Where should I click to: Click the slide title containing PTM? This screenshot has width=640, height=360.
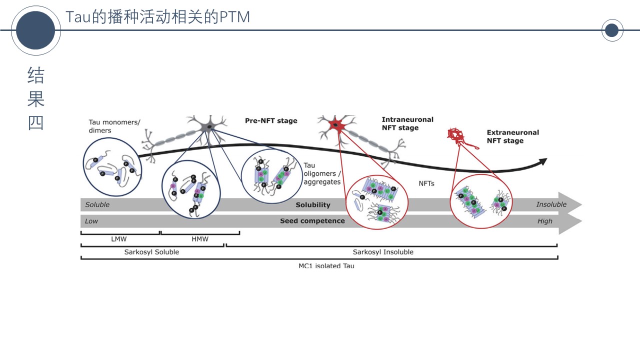click(x=157, y=17)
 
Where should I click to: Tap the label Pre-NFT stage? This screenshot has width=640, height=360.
click(x=271, y=120)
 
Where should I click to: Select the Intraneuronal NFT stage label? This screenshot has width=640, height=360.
click(x=407, y=123)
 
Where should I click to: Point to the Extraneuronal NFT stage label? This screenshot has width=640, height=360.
click(x=512, y=136)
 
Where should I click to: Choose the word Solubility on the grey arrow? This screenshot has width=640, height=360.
click(x=313, y=205)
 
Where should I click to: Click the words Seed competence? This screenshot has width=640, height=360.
click(x=312, y=220)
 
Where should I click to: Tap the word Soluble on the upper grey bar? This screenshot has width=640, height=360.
click(x=97, y=204)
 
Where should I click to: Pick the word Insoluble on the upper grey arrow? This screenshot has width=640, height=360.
click(x=551, y=204)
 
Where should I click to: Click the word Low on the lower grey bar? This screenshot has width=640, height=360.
click(x=91, y=221)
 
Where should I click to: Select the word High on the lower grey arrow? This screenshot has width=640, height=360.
click(x=545, y=221)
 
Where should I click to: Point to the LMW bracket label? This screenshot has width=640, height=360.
click(x=118, y=239)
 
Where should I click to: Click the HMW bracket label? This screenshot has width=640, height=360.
click(x=200, y=239)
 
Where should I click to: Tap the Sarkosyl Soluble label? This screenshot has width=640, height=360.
click(x=151, y=252)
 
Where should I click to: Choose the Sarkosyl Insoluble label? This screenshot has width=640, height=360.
click(x=383, y=252)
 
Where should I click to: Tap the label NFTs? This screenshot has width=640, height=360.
click(x=426, y=183)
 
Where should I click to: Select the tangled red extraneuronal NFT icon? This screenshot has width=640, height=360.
click(x=456, y=135)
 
